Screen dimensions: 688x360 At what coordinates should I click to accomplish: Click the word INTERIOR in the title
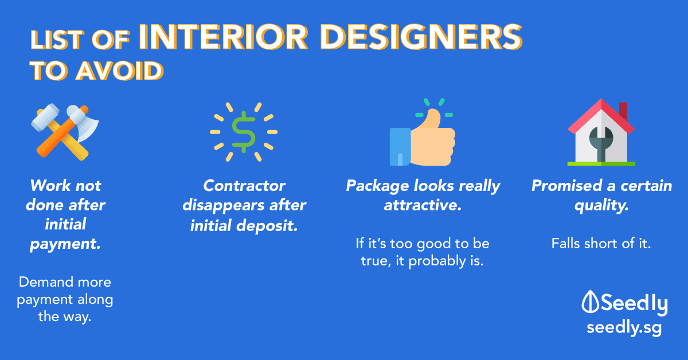tap(224, 37)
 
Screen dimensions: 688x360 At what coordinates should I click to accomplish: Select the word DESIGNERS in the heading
tap(421, 37)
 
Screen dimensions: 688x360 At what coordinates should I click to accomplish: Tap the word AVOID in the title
tap(119, 71)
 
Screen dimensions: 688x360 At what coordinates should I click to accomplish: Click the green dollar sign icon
tap(244, 132)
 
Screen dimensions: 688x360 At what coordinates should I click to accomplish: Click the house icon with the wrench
tap(601, 132)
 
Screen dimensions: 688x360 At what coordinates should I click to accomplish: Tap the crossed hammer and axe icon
tap(65, 132)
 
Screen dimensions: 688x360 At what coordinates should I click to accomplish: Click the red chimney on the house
tap(623, 111)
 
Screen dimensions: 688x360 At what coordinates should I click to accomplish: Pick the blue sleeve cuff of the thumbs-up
tap(400, 147)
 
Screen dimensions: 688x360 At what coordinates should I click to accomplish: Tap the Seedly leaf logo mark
tap(590, 302)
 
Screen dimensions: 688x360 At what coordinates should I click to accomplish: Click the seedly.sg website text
tap(624, 327)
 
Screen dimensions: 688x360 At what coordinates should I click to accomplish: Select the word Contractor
tap(244, 186)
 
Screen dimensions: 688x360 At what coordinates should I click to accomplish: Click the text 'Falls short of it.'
tap(601, 244)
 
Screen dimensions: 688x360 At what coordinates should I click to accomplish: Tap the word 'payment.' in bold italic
tap(65, 245)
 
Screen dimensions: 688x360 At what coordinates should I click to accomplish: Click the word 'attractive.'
tap(423, 205)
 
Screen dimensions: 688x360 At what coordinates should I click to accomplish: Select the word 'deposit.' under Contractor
tap(267, 226)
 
